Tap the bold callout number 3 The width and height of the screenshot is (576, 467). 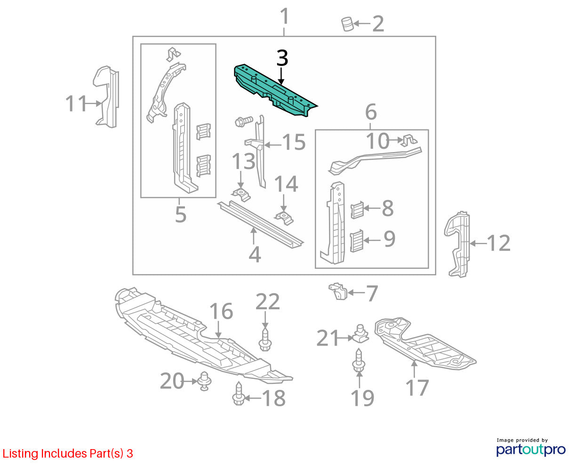[282, 58]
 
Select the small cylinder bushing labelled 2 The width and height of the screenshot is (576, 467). [347, 24]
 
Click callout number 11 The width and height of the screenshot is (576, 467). [76, 103]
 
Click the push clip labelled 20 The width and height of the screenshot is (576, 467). [204, 381]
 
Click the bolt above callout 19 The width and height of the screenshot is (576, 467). [359, 361]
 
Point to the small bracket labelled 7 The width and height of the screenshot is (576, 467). [338, 291]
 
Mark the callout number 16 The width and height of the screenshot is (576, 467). [221, 311]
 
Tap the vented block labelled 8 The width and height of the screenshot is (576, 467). [357, 210]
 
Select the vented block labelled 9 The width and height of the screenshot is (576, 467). [357, 241]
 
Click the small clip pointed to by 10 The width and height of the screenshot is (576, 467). [410, 140]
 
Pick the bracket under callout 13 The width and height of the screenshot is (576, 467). [240, 194]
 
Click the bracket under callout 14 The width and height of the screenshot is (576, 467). [284, 218]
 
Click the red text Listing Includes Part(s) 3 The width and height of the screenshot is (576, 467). [68, 454]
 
